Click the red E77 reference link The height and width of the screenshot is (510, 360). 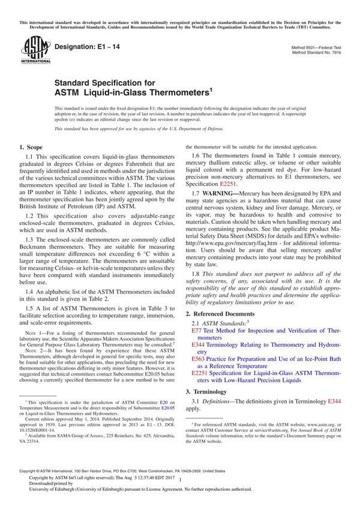coord(197,331)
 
